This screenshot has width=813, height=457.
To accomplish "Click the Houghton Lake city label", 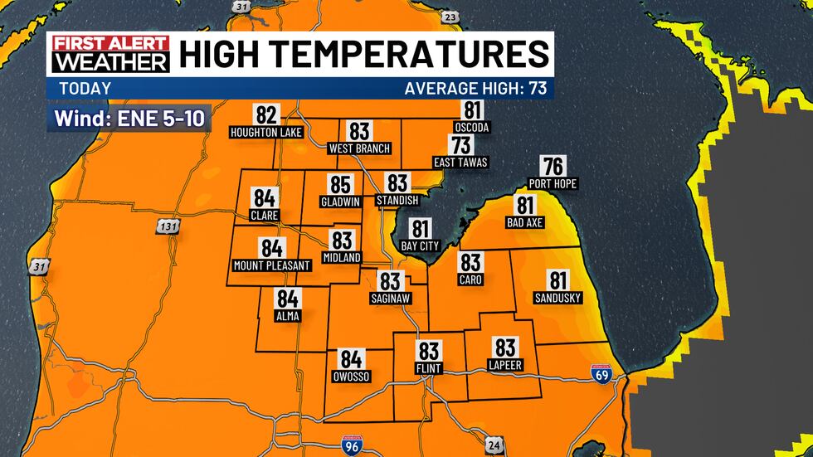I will click(266, 132).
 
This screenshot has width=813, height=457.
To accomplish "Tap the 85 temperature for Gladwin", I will click(341, 185).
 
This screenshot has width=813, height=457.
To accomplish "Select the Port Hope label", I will click(553, 183).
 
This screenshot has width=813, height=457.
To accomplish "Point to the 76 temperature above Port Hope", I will click(553, 166).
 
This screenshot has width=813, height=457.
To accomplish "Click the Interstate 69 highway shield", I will click(602, 373).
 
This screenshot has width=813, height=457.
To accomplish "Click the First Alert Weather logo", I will click(110, 54).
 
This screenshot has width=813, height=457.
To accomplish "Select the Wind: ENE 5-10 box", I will click(130, 119).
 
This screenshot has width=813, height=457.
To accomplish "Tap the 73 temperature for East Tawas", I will click(461, 145).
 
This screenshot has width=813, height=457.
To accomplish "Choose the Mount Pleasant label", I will click(271, 265).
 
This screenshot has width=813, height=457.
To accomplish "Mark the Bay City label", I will click(420, 246).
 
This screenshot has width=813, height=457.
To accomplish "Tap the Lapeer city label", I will click(505, 365).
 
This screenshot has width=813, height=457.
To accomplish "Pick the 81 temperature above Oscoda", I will click(472, 110).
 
